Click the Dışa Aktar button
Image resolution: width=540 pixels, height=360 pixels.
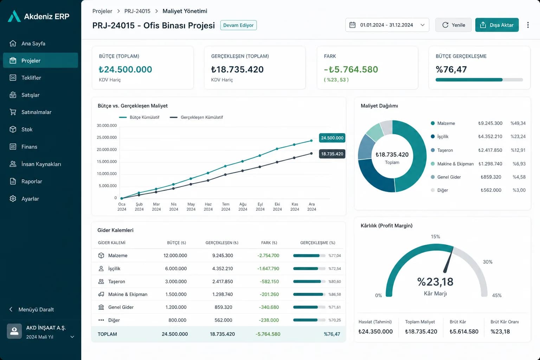[x=497, y=25]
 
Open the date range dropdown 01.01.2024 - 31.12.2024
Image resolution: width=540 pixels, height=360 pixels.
[x=387, y=25]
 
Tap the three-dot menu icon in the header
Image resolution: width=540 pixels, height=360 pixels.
[x=528, y=25]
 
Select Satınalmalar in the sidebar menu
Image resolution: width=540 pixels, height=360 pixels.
[x=36, y=112]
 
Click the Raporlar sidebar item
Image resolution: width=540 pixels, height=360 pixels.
[x=32, y=181]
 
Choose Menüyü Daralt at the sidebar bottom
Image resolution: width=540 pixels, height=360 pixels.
[x=36, y=309]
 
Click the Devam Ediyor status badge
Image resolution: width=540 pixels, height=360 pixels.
[x=238, y=25]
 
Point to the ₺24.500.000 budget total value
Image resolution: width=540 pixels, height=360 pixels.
[x=126, y=70]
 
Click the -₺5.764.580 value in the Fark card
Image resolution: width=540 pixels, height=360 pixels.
[x=351, y=70]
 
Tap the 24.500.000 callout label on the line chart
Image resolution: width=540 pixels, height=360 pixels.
[x=332, y=138]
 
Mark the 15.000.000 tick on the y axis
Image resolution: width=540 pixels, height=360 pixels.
[x=107, y=162]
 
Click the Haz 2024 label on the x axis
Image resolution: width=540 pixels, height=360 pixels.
[x=208, y=207]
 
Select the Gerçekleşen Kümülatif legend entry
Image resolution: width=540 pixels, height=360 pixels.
[x=196, y=117]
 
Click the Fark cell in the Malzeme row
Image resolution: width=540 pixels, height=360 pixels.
[x=268, y=255]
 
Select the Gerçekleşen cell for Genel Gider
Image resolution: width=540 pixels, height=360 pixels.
[x=223, y=307]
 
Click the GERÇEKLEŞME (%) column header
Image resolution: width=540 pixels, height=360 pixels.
[x=317, y=243]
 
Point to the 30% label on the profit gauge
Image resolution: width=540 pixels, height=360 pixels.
[x=488, y=262]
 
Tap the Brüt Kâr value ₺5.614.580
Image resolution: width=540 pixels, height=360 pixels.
[x=464, y=332]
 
